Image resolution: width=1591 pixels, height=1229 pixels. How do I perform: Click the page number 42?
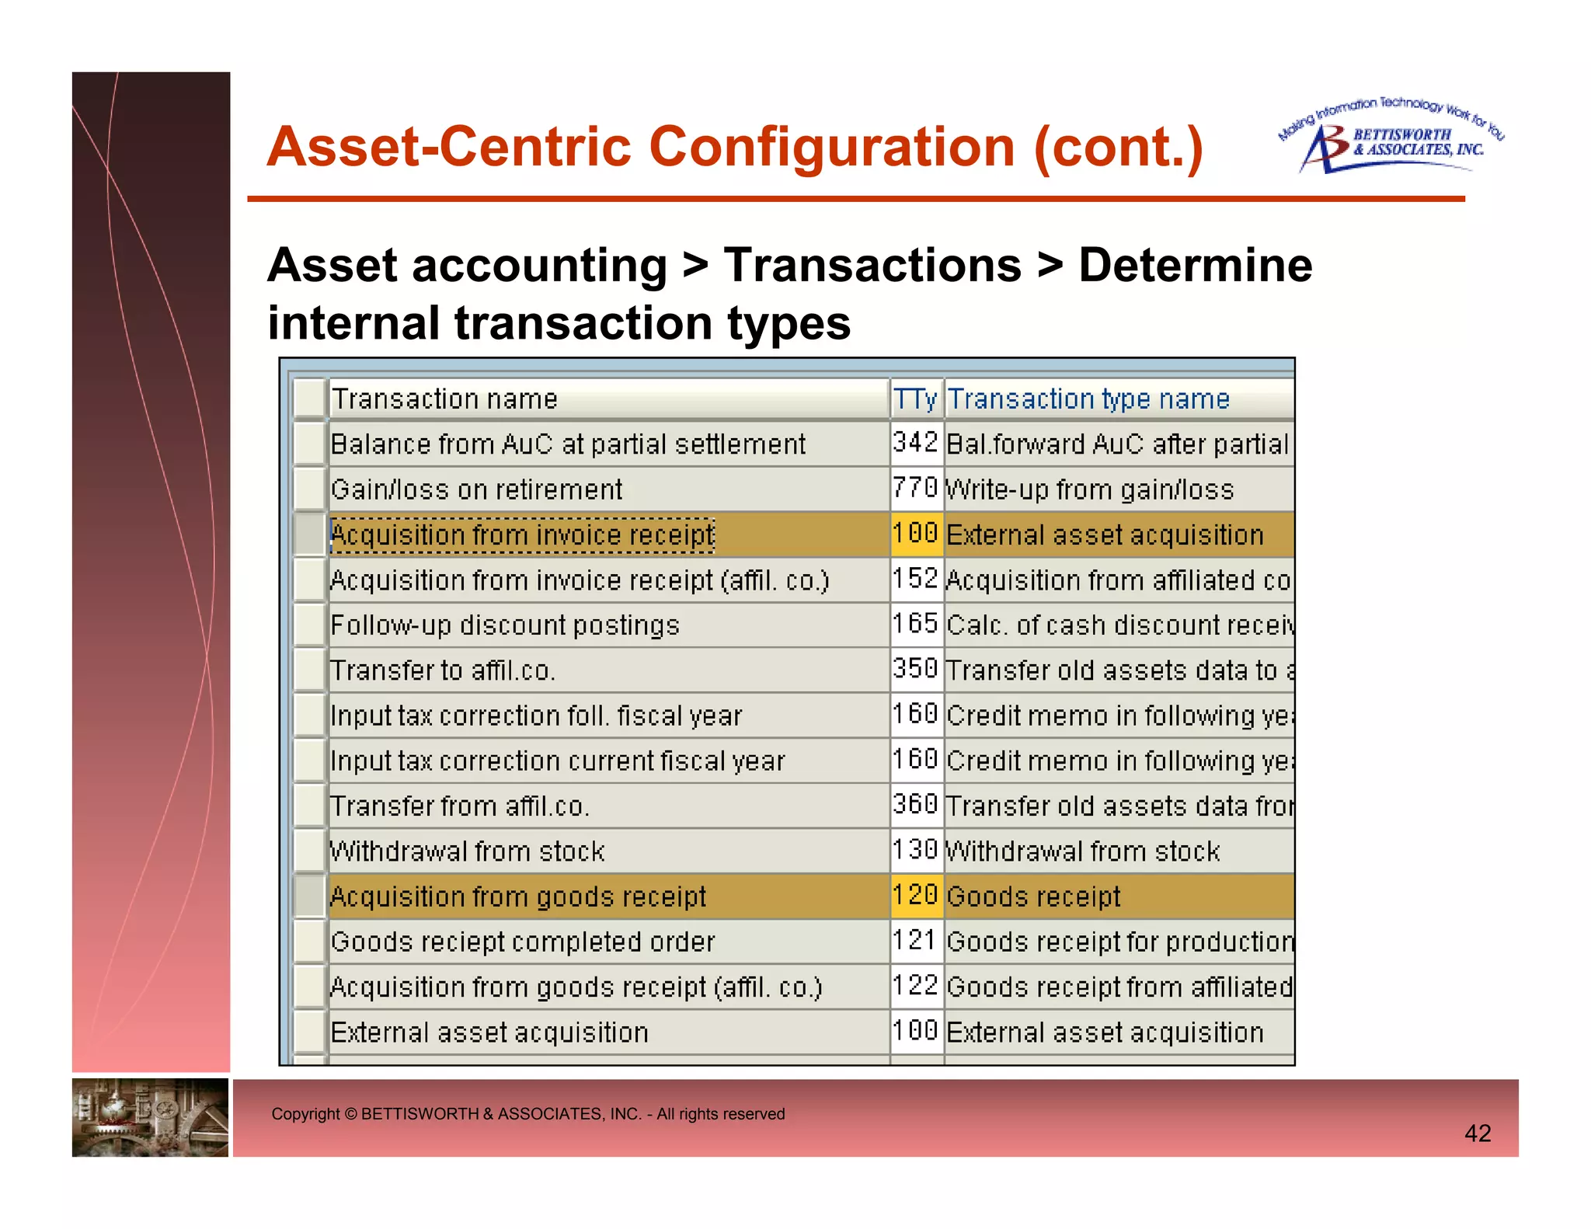(x=1477, y=1133)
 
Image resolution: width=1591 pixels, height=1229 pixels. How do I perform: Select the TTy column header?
(x=915, y=399)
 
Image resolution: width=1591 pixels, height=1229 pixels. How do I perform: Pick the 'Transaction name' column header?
(x=444, y=399)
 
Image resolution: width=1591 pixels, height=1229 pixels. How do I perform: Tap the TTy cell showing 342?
(x=915, y=444)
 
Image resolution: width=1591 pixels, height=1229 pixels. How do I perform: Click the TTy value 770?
(x=915, y=489)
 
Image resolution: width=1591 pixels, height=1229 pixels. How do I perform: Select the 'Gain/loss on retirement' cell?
(x=476, y=489)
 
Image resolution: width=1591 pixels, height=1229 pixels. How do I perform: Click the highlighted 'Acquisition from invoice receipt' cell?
(x=522, y=534)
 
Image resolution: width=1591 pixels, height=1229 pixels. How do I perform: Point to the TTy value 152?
(x=915, y=579)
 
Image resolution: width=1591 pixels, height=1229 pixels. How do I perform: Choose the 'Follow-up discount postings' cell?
(x=505, y=625)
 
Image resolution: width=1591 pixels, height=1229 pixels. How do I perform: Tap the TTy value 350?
(x=915, y=670)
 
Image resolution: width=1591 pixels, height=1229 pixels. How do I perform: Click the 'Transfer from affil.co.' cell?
(x=460, y=806)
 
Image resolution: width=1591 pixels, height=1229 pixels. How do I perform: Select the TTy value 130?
(x=915, y=851)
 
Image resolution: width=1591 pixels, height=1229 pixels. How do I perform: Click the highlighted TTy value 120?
(x=915, y=896)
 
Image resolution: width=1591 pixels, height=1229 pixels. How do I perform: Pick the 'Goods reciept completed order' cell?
(x=522, y=942)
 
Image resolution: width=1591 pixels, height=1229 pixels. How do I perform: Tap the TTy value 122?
(x=915, y=987)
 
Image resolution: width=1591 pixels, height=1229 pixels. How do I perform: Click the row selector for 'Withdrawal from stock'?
(x=309, y=851)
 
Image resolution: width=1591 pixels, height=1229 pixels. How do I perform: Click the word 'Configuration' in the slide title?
(x=831, y=147)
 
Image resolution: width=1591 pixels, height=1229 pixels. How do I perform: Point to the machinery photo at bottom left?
(x=150, y=1117)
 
